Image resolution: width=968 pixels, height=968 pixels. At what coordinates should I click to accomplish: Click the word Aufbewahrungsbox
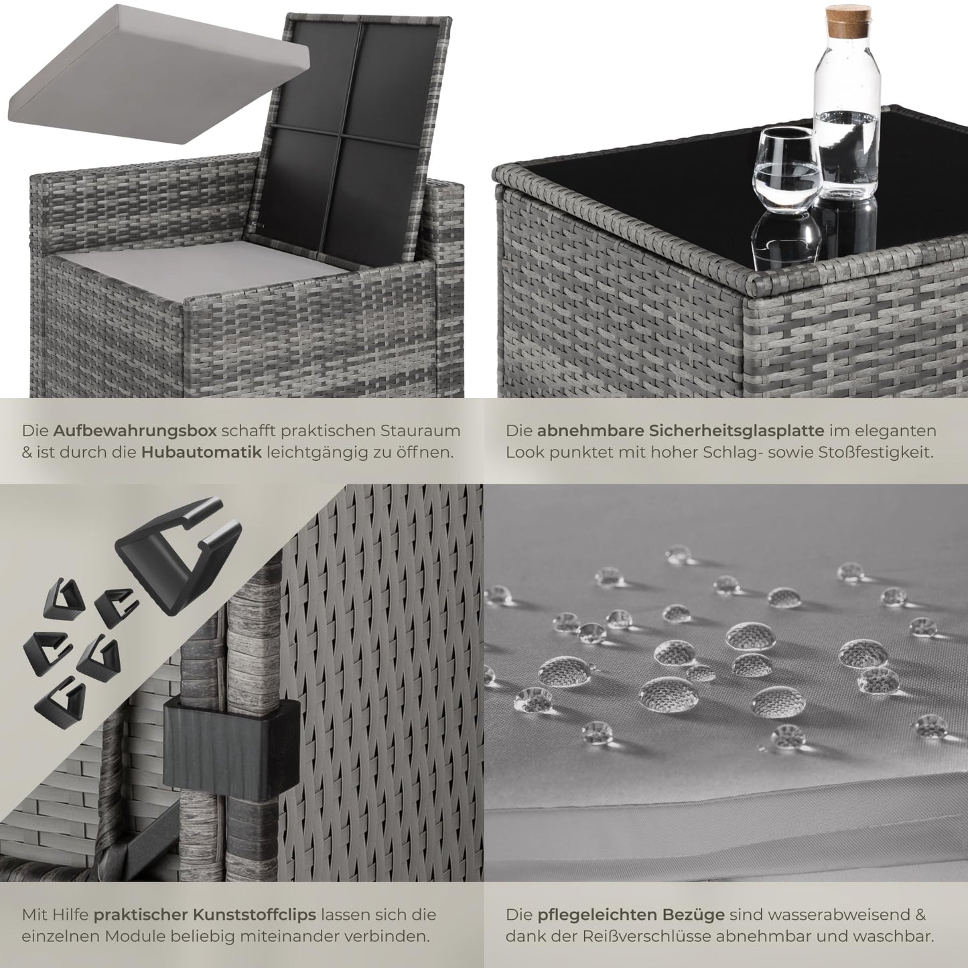point(135,431)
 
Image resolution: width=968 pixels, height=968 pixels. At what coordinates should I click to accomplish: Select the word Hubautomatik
point(202,453)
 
